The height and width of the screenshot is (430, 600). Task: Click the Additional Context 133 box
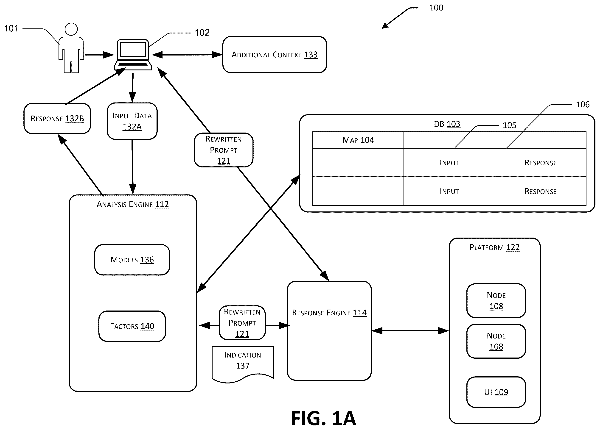[275, 55]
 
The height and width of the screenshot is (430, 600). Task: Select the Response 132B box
[57, 118]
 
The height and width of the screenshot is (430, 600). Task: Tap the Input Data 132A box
[132, 121]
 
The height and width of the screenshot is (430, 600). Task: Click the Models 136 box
[132, 260]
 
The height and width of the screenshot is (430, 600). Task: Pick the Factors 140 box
[132, 326]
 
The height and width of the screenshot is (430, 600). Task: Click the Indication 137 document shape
[243, 364]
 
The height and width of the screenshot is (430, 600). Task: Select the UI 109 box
[496, 392]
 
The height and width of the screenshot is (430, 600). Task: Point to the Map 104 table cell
[358, 140]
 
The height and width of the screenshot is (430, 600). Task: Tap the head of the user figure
[71, 29]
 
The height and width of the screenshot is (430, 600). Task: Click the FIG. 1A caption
[324, 418]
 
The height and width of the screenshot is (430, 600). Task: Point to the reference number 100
[436, 8]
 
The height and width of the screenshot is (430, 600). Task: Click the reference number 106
[583, 105]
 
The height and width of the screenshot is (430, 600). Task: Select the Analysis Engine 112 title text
[132, 204]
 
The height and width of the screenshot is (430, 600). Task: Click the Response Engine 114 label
[329, 313]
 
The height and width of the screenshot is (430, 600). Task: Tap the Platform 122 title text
[494, 247]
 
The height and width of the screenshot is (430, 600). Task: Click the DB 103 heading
[447, 124]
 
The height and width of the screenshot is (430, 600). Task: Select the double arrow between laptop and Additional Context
[187, 55]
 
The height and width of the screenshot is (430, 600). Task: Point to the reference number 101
[11, 28]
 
